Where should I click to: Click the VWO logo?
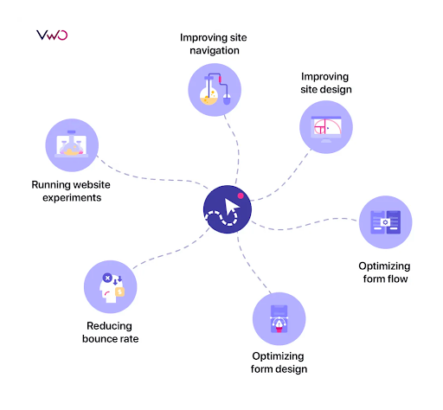point(52,35)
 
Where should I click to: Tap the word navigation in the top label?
point(215,51)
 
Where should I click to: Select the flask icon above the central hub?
point(215,90)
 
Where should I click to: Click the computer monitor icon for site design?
point(326,127)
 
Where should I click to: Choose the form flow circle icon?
point(386,222)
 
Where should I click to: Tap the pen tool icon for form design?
point(279,319)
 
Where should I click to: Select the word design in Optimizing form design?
point(291,369)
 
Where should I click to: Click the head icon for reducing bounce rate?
point(111,287)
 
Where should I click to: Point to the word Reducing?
point(110,326)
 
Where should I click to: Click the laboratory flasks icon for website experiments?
point(72,145)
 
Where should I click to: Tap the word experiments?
point(72,198)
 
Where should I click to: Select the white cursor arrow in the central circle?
point(232,207)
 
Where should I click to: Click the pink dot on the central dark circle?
point(241,196)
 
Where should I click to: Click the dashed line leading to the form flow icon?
point(303,225)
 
